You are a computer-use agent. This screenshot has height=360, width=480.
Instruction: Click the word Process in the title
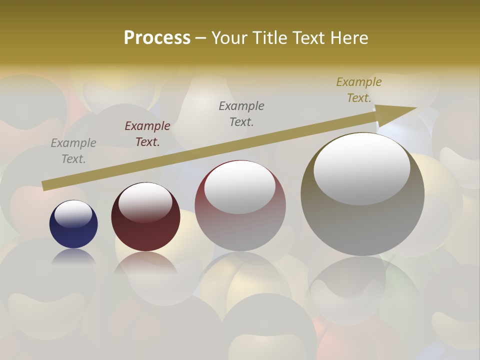157,38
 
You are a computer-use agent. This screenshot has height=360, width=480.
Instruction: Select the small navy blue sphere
73,225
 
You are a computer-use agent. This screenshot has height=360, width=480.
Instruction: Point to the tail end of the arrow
46,186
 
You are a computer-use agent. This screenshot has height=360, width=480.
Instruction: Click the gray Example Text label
73,151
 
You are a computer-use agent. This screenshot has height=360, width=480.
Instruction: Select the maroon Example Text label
147,134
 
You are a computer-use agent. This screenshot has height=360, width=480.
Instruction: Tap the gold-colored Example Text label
359,90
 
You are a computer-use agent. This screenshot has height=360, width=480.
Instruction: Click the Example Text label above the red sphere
241,113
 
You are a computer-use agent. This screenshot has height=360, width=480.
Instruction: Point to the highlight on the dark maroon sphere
145,202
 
